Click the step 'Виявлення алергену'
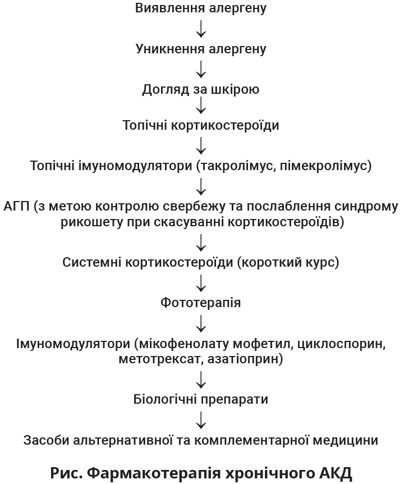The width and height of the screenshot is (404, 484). [x=201, y=8]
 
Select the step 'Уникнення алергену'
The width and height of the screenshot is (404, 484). [x=201, y=49]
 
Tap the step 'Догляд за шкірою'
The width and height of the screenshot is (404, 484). [x=201, y=89]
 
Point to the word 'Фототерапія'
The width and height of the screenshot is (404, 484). [x=201, y=303]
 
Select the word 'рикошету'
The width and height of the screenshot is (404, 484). [x=85, y=222]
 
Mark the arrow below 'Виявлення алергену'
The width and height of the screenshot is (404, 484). [x=201, y=29]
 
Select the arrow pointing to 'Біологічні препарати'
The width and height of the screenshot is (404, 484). [x=201, y=380]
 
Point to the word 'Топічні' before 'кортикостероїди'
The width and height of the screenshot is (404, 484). [x=145, y=125]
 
